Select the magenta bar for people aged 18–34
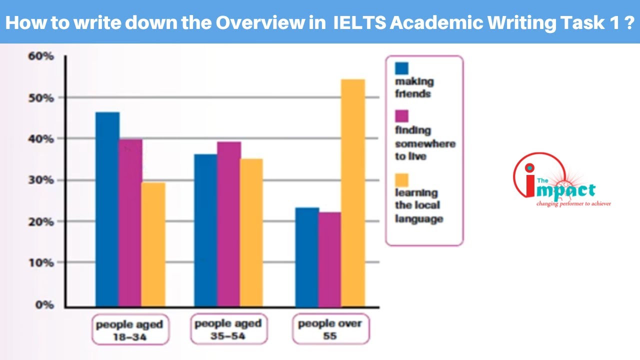[130, 222]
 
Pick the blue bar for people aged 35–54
[205, 230]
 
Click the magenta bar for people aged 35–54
[228, 224]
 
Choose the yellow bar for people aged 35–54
[251, 232]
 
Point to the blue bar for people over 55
[307, 257]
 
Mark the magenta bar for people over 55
[329, 259]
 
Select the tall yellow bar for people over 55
[353, 192]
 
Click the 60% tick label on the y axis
[41, 56]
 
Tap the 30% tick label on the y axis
[41, 180]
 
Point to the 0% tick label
[44, 304]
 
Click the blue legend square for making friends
[401, 68]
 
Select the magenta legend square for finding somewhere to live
[401, 116]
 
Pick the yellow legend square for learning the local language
[401, 179]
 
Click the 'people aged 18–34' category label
[129, 329]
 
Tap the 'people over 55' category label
[330, 329]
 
